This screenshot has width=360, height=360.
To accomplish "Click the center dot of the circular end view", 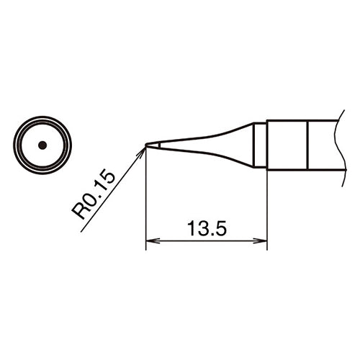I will point(42,145).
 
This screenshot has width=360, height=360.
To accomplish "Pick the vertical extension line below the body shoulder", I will point(267,209).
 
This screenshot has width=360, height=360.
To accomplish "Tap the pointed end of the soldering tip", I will point(147,145).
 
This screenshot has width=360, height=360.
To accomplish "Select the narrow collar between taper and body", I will point(261,145).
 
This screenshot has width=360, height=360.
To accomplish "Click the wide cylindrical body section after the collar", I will point(288,145).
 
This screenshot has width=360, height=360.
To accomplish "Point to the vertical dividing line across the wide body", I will point(309,145).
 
